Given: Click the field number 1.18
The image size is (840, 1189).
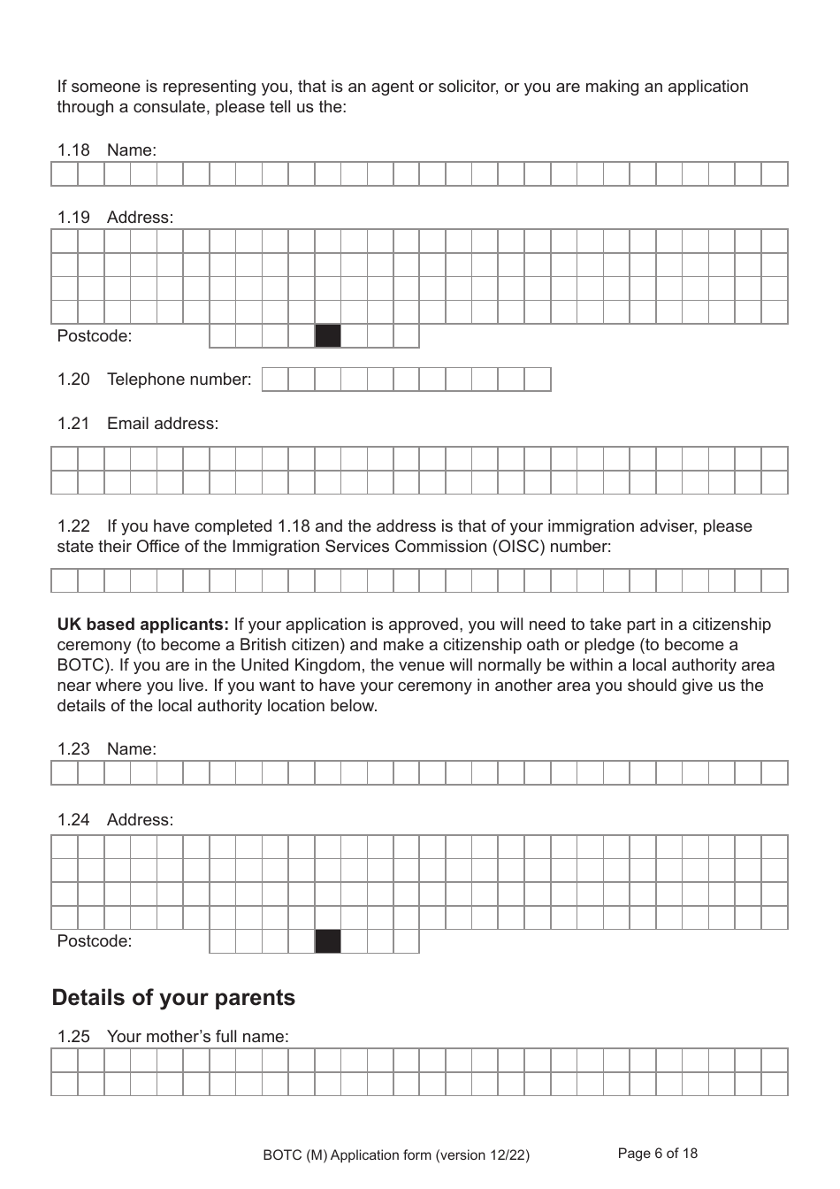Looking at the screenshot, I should pos(73,150).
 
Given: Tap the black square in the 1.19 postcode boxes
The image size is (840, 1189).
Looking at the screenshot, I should pos(328,336).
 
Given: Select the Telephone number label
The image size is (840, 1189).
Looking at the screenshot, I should pos(179,380).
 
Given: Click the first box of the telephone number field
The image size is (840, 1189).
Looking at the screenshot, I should pos(276,380).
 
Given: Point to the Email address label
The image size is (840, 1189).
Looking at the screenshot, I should pos(162,424).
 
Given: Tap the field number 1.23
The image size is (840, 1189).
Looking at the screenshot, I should pos(73,749).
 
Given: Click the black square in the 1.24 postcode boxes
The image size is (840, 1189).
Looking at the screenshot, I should pos(328,941).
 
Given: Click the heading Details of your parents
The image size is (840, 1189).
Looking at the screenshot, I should pos(173,998).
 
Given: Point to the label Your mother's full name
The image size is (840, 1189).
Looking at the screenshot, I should pos(197,1037).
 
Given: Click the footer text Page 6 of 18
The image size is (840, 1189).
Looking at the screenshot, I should pos(657,1153).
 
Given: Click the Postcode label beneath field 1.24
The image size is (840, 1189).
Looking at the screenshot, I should pos(94,941).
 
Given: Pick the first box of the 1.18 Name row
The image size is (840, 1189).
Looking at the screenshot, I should pos(65,174).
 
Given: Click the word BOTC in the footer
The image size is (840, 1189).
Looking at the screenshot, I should pos(282,1154).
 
